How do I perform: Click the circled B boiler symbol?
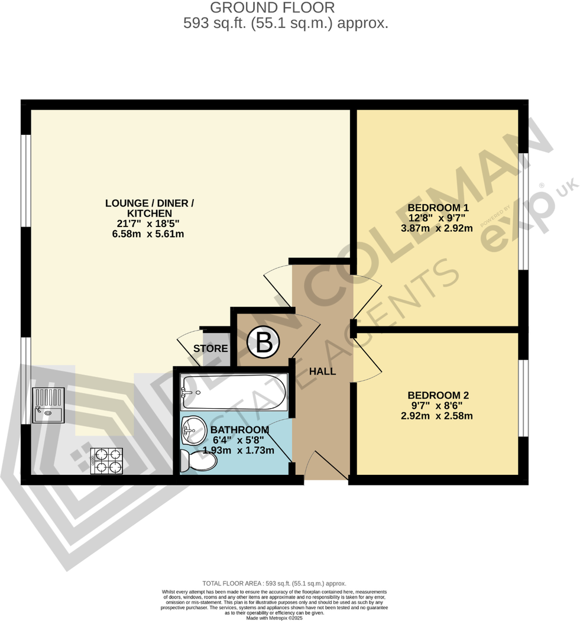tap(264, 341)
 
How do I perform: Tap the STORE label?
tap(210, 349)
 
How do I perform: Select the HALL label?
tap(323, 371)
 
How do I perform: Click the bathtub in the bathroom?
tap(234, 392)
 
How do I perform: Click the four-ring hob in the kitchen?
tap(107, 461)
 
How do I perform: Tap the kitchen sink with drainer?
tap(48, 406)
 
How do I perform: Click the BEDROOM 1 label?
tap(438, 208)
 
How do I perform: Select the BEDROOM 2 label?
tap(438, 395)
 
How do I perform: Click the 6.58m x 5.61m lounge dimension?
tap(149, 234)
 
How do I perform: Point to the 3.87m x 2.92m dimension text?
tap(438, 228)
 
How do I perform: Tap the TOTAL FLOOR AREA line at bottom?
tap(274, 583)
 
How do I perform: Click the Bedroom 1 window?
tap(522, 211)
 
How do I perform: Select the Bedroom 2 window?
tap(522, 398)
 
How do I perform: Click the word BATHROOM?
tap(240, 429)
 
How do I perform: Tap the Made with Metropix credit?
tap(274, 617)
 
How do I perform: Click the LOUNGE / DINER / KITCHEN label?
tap(149, 208)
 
